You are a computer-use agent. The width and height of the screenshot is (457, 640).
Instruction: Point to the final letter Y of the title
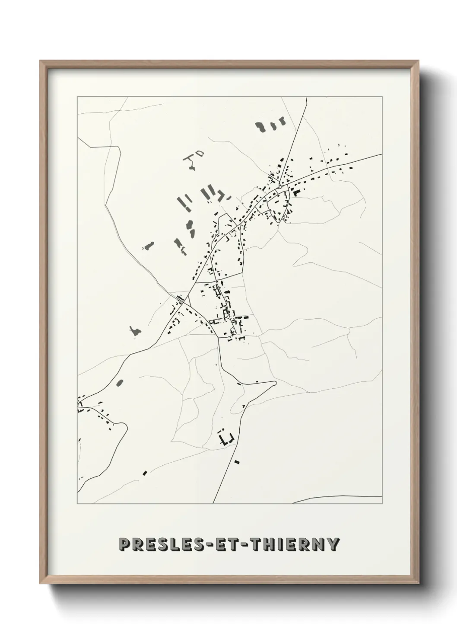coord(333,545)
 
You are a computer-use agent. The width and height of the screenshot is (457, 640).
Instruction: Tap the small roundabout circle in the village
coord(280,186)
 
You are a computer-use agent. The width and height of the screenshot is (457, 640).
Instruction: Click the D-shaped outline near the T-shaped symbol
coord(199,153)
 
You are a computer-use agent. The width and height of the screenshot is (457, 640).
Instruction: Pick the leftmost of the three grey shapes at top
coord(260,127)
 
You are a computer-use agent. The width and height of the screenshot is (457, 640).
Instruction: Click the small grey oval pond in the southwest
coord(120,382)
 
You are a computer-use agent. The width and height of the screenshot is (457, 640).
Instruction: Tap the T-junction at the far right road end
coord(379,154)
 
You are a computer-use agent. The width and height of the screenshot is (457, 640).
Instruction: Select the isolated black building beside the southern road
coord(236,462)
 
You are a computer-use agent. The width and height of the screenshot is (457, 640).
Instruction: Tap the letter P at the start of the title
coord(125,545)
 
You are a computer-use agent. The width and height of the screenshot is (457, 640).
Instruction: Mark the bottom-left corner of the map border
coord(77,504)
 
